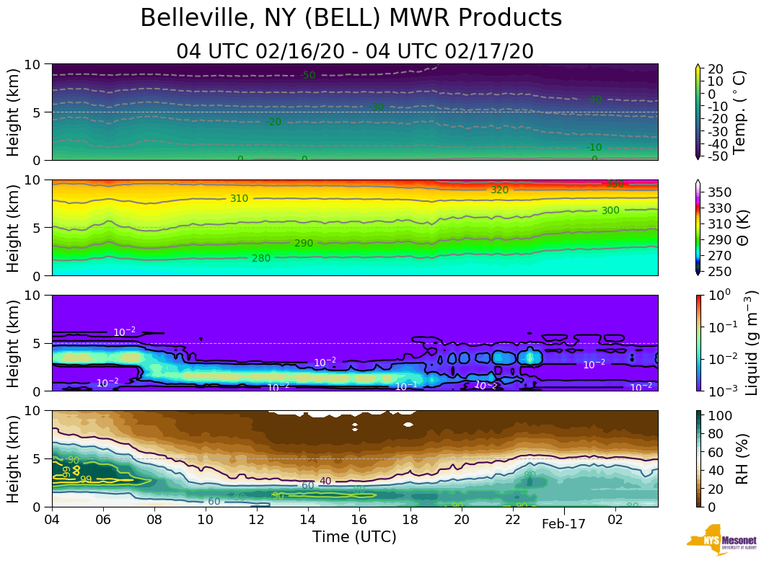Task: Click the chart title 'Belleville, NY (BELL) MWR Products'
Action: [351, 18]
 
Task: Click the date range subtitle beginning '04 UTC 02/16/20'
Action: [355, 52]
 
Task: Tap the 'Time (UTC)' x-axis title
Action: [354, 537]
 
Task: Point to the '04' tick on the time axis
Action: [52, 519]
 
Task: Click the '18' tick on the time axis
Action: [410, 519]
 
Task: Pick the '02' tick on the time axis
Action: [615, 519]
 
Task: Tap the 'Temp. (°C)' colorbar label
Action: [739, 112]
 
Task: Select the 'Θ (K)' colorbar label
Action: [739, 227]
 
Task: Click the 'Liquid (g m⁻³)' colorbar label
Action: [751, 343]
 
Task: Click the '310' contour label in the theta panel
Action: [239, 198]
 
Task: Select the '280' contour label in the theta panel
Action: [260, 257]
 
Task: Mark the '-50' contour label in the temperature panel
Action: [308, 75]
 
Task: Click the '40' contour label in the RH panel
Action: [325, 481]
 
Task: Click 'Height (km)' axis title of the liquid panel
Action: [14, 343]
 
